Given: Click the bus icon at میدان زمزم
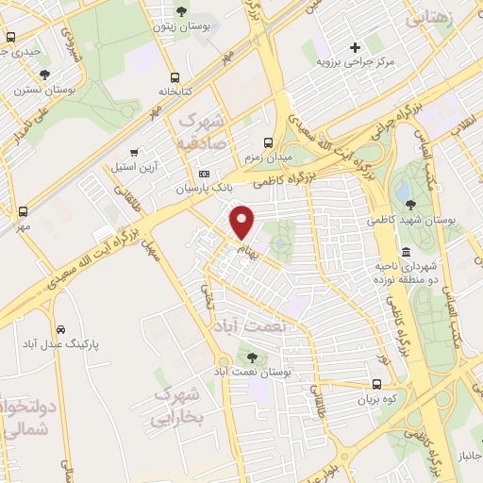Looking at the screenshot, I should [270, 142].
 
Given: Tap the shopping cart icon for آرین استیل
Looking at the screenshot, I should [134, 151].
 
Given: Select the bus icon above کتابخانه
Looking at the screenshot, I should [175, 78].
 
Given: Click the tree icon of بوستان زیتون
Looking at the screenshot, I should [181, 11].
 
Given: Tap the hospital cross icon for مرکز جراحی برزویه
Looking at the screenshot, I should [355, 47].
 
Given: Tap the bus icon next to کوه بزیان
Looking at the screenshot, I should [376, 384].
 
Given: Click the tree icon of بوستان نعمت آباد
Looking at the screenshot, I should [252, 357].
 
